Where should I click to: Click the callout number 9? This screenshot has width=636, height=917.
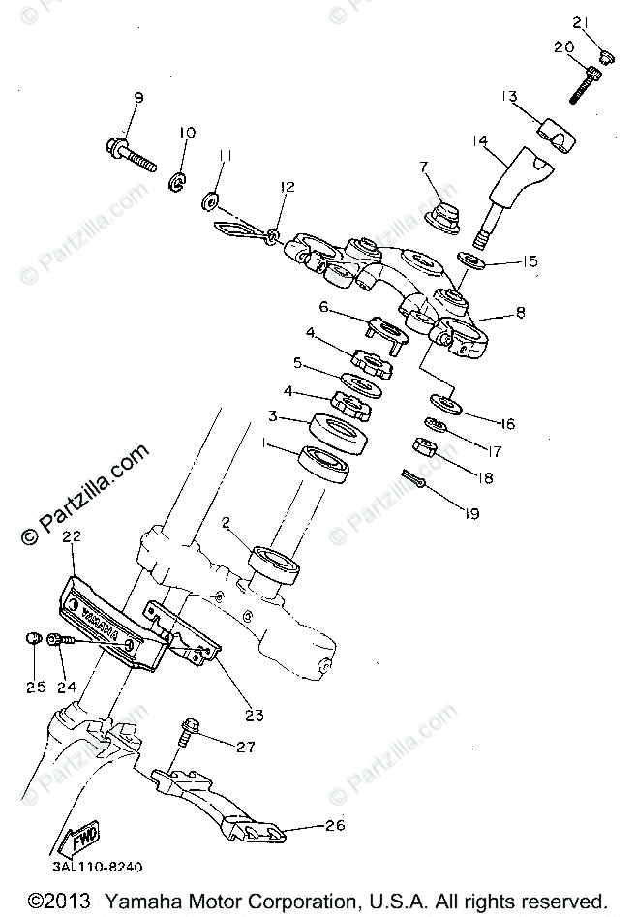137,98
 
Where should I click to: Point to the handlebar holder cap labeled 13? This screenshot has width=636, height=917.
560,134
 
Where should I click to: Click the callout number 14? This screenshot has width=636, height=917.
478,141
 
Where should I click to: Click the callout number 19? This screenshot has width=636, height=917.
471,512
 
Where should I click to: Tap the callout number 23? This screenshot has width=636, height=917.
254,717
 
